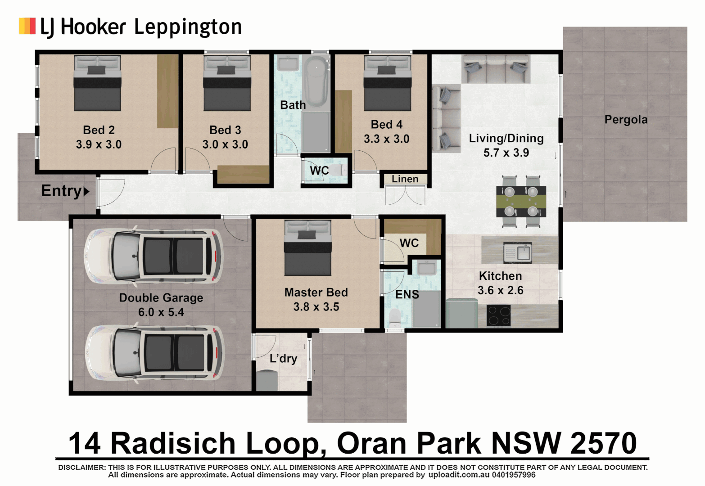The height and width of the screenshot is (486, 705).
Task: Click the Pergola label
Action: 626,120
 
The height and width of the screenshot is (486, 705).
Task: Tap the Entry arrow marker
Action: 86,191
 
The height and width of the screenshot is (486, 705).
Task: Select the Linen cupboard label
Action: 405,179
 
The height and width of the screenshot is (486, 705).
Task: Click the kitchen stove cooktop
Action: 499,315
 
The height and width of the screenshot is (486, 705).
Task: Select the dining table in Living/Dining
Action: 521,201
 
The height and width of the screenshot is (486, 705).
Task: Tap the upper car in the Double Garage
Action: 154,256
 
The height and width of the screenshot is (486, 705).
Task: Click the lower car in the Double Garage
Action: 154,353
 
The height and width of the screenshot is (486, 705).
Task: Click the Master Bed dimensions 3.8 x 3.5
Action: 316,307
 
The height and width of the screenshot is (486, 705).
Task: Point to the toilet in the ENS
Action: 395,318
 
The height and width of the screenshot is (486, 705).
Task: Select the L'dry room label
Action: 283,359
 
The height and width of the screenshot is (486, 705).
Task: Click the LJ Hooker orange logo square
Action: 27,26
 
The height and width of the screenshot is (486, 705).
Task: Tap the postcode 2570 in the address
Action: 603,443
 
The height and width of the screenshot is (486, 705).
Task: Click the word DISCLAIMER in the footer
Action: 81,468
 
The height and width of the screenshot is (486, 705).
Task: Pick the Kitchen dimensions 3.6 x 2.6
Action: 500,290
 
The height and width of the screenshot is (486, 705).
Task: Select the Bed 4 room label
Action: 386,125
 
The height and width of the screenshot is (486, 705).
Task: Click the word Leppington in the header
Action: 188,27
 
